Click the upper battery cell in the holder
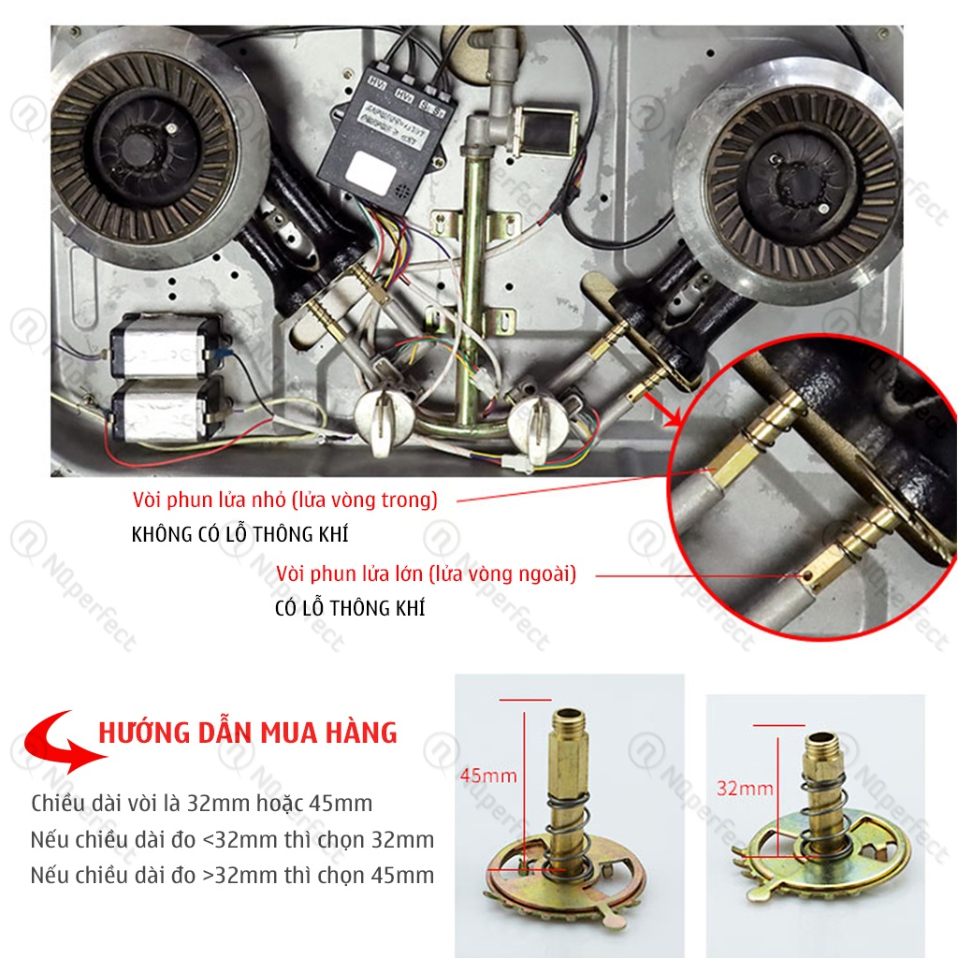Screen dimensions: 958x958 pyautogui.click(x=165, y=346)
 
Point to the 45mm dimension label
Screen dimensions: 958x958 pyautogui.click(x=488, y=776)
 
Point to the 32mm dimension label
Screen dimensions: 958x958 pyautogui.click(x=745, y=788)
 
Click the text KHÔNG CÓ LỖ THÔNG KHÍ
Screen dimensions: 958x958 pyautogui.click(x=239, y=534)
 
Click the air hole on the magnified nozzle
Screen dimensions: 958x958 pyautogui.click(x=808, y=575)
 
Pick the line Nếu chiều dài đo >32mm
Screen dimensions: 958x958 pyautogui.click(x=232, y=876)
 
